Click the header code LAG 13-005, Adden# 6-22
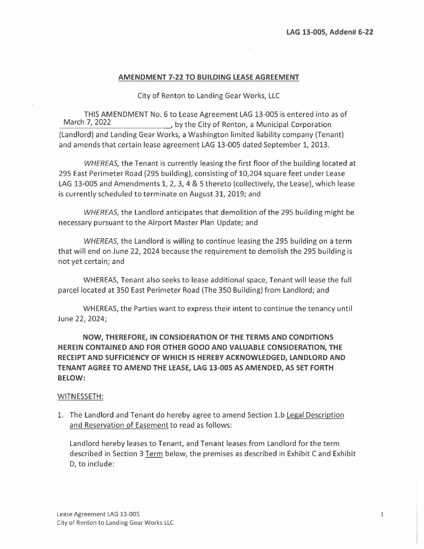[330, 32]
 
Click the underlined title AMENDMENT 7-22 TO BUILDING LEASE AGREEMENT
[208, 77]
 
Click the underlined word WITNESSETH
[80, 396]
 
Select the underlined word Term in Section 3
[154, 454]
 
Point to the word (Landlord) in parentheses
[76, 135]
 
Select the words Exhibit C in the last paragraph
[299, 454]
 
